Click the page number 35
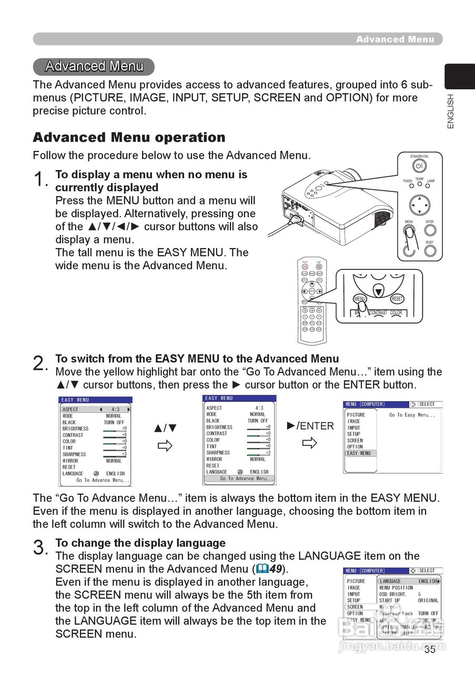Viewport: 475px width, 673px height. (430, 649)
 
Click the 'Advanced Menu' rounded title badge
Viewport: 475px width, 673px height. (94, 66)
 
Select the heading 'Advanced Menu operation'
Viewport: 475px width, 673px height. (129, 138)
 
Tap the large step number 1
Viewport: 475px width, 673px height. (40, 180)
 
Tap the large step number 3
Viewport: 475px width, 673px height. (40, 548)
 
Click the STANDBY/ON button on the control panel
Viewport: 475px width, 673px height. (419, 166)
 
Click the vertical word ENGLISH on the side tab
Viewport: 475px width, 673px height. (451, 111)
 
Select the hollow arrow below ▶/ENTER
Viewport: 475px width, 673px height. (310, 443)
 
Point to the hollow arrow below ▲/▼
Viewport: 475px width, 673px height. (165, 446)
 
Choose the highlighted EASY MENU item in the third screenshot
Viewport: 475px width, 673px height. (361, 453)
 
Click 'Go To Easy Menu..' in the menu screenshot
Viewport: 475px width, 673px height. (412, 415)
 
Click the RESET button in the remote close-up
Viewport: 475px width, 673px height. (397, 299)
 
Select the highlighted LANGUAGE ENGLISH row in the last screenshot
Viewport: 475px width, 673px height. (409, 581)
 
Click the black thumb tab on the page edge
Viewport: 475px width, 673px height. (459, 77)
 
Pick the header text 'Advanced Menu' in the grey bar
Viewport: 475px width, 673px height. (395, 39)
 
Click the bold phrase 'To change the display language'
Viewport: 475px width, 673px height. (140, 543)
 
